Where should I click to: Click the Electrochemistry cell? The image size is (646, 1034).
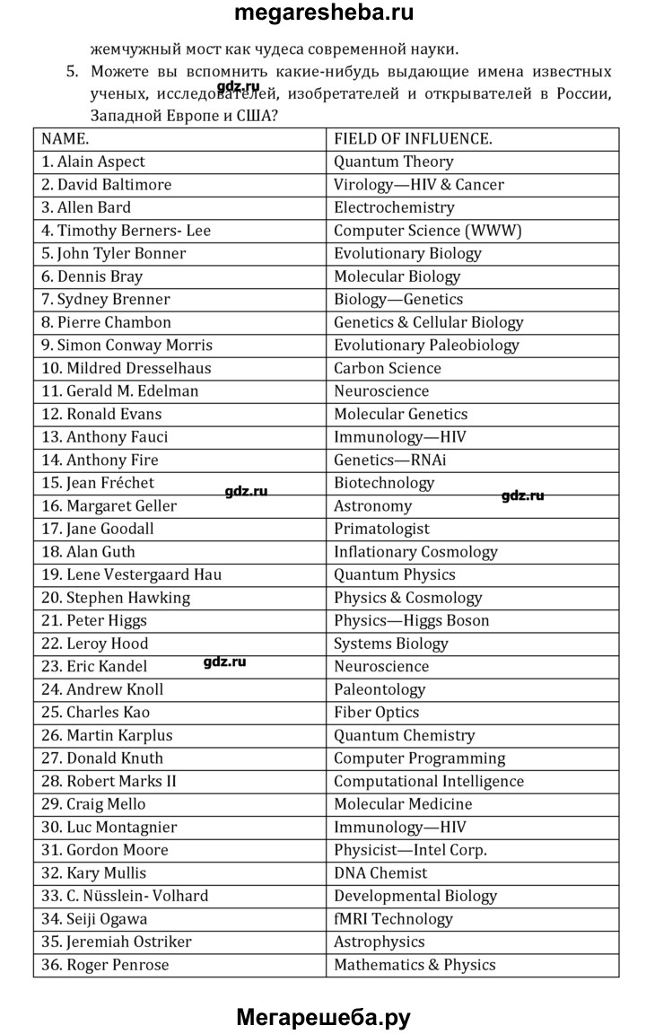point(394,207)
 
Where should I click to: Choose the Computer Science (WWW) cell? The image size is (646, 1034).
point(427,231)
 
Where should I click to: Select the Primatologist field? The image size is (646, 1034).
point(381,529)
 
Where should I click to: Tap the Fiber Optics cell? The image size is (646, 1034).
point(376,712)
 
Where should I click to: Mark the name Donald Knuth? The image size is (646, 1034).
point(102,758)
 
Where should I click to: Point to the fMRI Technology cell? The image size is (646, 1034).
point(393,918)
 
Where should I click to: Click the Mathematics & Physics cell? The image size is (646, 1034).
point(415,965)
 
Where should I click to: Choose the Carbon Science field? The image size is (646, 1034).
point(388,368)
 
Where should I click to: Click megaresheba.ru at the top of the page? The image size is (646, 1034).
point(323,13)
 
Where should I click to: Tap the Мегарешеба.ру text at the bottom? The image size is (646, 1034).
point(323,1017)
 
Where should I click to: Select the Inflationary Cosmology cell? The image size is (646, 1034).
point(415,552)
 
